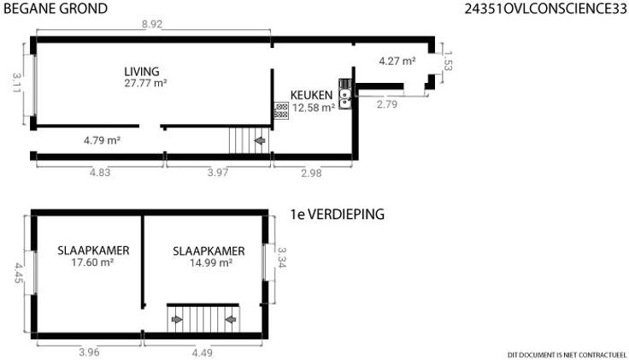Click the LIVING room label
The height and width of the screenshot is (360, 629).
click(x=142, y=72)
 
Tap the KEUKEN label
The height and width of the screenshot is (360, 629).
click(x=311, y=95)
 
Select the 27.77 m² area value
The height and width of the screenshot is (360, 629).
click(x=145, y=83)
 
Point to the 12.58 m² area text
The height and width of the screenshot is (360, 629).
click(x=314, y=108)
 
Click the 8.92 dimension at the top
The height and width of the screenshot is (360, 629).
click(x=151, y=24)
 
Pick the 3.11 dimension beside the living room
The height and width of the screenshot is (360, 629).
click(x=16, y=82)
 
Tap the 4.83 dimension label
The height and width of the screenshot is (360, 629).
click(x=99, y=173)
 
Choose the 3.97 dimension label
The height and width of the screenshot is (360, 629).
click(x=218, y=173)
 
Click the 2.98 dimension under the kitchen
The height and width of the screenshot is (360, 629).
click(x=311, y=173)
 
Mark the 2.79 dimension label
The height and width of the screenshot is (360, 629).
click(x=387, y=104)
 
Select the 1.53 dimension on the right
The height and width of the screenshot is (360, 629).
click(x=448, y=61)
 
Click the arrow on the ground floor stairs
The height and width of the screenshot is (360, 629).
click(x=260, y=140)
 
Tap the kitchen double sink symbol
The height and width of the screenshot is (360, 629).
click(x=344, y=98)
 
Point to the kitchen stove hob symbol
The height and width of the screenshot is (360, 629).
click(x=281, y=110)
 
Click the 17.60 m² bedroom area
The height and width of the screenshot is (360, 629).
click(x=92, y=263)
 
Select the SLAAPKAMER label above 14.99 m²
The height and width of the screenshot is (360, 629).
click(x=209, y=251)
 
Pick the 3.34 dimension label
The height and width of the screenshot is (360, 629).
click(x=282, y=257)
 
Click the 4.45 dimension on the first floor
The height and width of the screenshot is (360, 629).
click(x=19, y=273)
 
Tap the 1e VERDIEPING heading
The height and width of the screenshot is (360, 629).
click(x=338, y=214)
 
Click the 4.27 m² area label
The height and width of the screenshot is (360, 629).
click(x=397, y=61)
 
